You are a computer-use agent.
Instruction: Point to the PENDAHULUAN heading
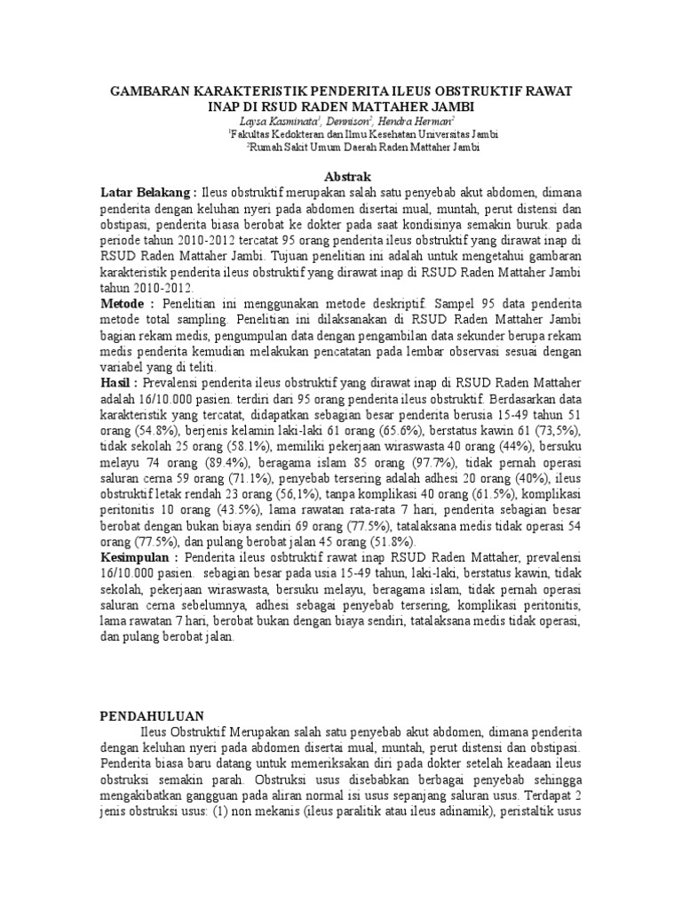click(151, 715)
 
